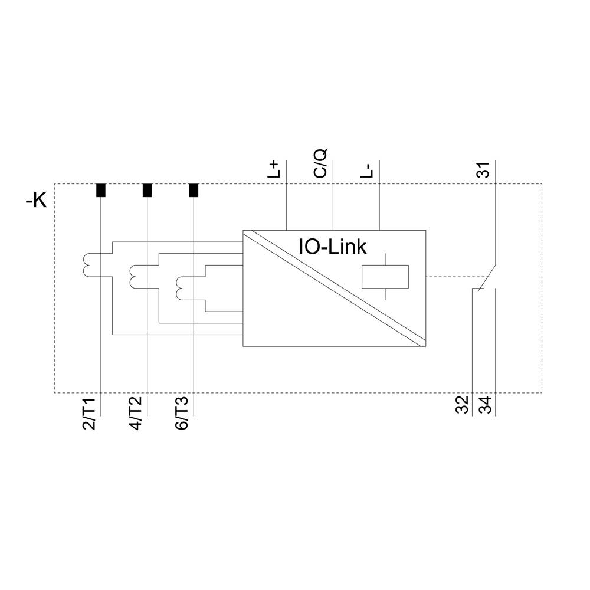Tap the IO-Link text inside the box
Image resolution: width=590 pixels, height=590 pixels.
(x=332, y=247)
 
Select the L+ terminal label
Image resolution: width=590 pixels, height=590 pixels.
(x=275, y=169)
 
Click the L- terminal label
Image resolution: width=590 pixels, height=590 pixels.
(x=367, y=169)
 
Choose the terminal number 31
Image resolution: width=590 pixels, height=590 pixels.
(x=483, y=170)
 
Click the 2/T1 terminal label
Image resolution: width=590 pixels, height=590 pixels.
(x=89, y=414)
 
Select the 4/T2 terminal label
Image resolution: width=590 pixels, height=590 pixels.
(x=135, y=414)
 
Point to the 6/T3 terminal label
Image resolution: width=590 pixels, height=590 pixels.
(x=182, y=414)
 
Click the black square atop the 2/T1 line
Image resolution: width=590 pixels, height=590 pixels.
(x=101, y=191)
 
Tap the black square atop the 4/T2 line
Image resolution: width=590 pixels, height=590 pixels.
(x=147, y=191)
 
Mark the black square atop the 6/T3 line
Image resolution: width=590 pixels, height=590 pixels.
(x=194, y=191)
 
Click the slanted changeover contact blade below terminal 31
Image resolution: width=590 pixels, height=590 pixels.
(x=487, y=276)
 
